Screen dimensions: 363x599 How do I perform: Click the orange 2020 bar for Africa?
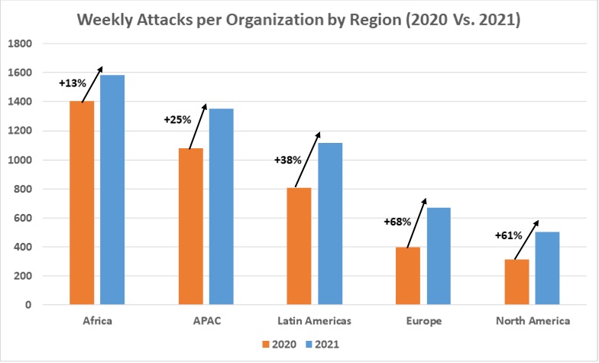pos(82,203)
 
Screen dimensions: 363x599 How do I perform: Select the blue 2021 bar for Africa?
pos(112,190)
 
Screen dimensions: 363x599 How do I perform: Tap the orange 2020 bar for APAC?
pos(190,226)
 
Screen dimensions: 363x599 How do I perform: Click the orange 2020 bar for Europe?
pos(408,275)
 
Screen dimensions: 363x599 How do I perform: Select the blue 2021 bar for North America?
pos(547,267)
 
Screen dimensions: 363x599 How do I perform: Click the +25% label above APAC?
pos(176,119)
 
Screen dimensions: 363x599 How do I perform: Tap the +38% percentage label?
pos(288,160)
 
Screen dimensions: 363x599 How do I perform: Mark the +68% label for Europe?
pos(397,222)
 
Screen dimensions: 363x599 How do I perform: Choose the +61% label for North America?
pos(509,235)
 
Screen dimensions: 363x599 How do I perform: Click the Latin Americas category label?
pos(316,321)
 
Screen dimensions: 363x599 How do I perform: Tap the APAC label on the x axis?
pos(206,321)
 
